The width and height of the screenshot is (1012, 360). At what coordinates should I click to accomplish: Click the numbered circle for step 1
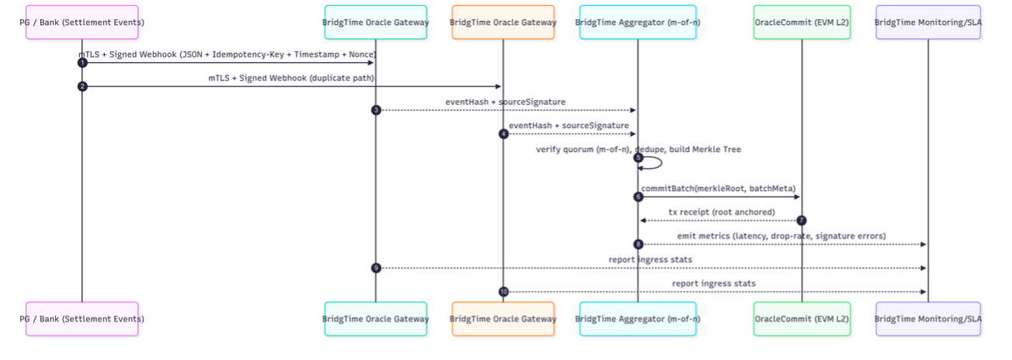click(x=82, y=63)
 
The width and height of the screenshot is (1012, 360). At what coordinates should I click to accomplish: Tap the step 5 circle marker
click(x=638, y=157)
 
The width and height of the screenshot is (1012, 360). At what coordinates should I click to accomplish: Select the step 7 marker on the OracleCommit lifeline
click(x=802, y=221)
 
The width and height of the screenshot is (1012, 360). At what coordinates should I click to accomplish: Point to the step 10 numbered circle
click(x=503, y=292)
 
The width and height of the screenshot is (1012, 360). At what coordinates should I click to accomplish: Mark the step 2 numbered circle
click(x=82, y=86)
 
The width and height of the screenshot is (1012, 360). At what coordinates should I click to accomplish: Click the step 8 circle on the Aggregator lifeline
click(x=638, y=244)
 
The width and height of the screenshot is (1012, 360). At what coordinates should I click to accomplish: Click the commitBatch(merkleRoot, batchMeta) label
click(x=719, y=188)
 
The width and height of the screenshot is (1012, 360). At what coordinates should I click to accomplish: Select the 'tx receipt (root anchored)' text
click(x=721, y=212)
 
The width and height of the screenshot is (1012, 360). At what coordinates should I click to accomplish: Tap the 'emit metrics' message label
click(x=776, y=236)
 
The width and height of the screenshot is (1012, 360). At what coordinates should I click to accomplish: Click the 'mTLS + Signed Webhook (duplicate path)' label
click(x=291, y=78)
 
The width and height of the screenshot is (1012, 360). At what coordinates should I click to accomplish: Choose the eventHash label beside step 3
click(x=505, y=102)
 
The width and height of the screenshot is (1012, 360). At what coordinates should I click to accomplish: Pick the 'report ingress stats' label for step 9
click(x=650, y=259)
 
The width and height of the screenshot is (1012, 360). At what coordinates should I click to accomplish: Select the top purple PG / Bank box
click(x=82, y=22)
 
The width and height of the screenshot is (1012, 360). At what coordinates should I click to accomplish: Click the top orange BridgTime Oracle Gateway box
click(x=503, y=22)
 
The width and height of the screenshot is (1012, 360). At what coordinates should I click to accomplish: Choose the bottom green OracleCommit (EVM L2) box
click(x=802, y=319)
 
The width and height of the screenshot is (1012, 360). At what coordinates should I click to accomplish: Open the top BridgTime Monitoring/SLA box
click(x=928, y=22)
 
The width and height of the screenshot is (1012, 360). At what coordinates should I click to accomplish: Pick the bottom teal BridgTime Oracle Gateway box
click(x=376, y=319)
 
